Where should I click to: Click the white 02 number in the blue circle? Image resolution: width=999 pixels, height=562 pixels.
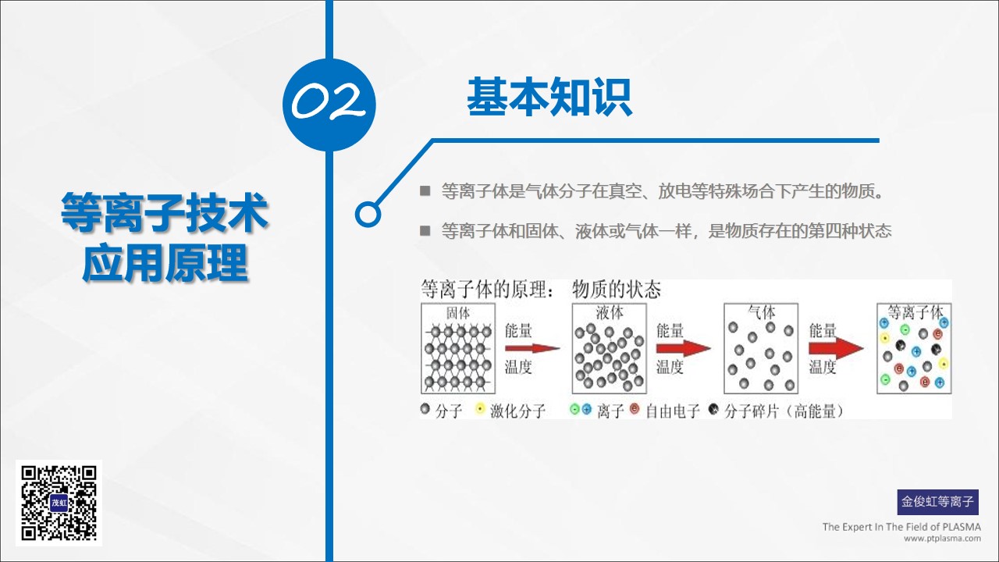(329, 101)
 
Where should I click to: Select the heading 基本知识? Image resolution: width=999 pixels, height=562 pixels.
(549, 97)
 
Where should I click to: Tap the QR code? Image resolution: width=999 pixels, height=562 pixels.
(59, 503)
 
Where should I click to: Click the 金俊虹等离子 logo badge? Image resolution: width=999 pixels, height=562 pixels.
(938, 502)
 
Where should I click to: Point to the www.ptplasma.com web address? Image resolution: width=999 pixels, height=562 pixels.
(942, 539)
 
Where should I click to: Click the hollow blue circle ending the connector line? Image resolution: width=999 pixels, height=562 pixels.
(368, 215)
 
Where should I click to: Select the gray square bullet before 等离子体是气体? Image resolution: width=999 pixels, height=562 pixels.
(425, 191)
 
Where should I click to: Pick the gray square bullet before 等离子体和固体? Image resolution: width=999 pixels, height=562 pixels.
(425, 230)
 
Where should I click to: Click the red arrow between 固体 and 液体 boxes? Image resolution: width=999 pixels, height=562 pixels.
(532, 348)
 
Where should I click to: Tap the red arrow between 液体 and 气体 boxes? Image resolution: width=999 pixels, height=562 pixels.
(683, 348)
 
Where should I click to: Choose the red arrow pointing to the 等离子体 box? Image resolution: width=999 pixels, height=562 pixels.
(836, 348)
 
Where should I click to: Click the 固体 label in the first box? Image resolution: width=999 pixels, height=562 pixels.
(458, 313)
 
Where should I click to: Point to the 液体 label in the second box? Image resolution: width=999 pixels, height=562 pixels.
(610, 313)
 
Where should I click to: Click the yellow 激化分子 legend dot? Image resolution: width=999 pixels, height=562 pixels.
(480, 408)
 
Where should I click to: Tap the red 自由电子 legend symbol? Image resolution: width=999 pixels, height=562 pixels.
(635, 408)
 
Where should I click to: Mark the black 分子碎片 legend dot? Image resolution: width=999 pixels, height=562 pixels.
(713, 408)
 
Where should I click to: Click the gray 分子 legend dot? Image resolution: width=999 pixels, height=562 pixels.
(425, 408)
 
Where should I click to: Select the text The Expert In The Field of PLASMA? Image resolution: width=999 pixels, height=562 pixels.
(901, 527)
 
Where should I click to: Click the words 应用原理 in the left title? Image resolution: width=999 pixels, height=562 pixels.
(165, 263)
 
